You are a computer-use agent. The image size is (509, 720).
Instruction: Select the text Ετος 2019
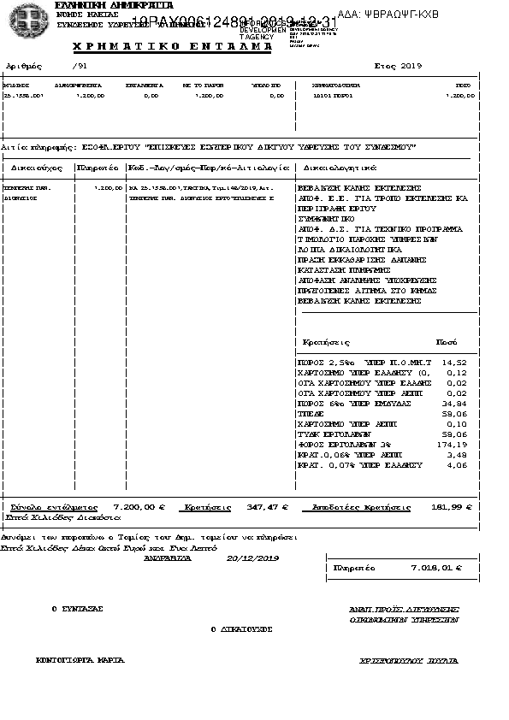(398, 66)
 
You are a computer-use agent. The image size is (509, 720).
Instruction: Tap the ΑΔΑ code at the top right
(394, 15)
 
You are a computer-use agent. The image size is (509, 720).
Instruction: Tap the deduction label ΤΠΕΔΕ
(310, 414)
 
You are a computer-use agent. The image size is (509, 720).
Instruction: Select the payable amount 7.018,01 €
(436, 567)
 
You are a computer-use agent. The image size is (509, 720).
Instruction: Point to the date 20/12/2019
(253, 558)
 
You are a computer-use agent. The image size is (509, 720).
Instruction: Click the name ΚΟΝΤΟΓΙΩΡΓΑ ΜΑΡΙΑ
(80, 660)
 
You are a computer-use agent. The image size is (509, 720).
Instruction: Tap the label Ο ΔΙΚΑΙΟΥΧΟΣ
(241, 629)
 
